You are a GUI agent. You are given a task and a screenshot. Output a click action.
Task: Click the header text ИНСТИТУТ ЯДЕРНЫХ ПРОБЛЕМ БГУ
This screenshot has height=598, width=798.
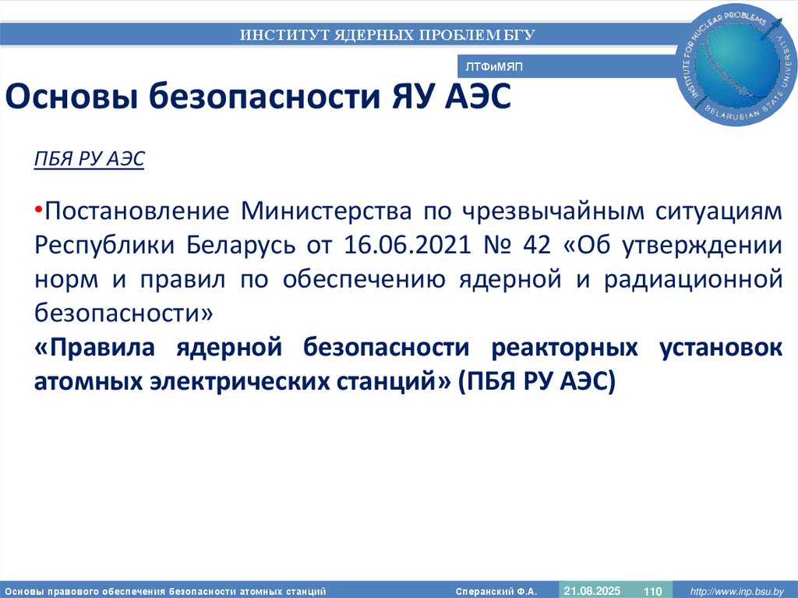point(387,34)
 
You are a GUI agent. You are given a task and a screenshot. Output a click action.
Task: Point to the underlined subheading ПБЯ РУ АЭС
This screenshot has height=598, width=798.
point(90,159)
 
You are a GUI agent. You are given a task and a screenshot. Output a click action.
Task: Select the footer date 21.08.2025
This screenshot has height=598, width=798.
point(592,591)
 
